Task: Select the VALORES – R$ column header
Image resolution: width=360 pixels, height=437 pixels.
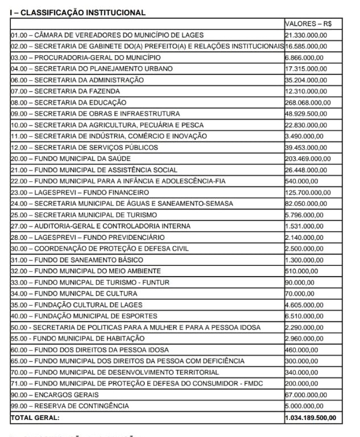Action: pos(309,24)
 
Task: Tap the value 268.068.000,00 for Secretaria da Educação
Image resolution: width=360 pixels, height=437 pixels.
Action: pos(308,102)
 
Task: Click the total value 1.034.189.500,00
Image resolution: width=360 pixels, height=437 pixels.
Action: pos(311,418)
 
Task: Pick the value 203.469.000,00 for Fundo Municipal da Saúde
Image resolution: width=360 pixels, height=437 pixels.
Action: pos(308,159)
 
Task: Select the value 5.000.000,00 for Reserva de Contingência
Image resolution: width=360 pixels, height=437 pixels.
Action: pos(304,406)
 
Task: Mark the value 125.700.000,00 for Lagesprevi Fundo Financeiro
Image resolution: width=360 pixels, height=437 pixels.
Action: pos(308,192)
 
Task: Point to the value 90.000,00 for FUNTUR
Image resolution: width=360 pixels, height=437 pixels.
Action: pos(300,282)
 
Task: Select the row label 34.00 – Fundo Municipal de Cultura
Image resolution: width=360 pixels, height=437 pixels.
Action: pos(74,293)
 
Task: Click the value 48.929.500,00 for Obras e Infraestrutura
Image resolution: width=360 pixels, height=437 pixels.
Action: pos(306,114)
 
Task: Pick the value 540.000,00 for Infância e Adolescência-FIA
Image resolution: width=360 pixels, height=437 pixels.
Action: pos(301,181)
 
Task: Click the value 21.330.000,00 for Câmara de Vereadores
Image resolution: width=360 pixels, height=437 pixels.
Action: pos(306,35)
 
